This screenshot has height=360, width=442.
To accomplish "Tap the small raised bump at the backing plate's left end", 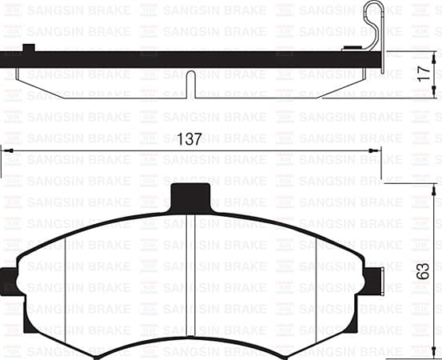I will pyautogui.click(x=30, y=49).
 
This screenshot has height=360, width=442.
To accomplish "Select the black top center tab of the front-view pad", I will pyautogui.click(x=191, y=194).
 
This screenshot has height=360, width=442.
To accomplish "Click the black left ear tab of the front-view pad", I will pyautogui.click(x=9, y=279).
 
